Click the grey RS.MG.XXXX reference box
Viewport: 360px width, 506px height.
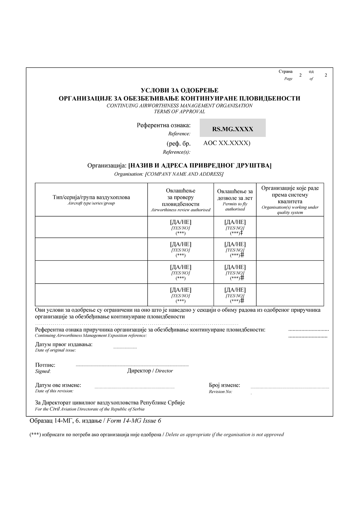pyautogui.click(x=233, y=128)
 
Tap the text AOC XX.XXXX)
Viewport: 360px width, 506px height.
pyautogui.click(x=227, y=143)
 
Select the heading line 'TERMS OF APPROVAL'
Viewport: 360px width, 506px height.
pyautogui.click(x=180, y=111)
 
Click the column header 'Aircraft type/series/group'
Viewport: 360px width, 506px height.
pyautogui.click(x=91, y=203)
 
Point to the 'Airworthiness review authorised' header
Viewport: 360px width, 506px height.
pyautogui.click(x=180, y=210)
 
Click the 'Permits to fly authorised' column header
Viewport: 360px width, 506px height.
pyautogui.click(x=235, y=206)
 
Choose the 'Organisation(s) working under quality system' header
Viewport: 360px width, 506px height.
pyautogui.click(x=290, y=210)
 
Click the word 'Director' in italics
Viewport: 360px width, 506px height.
pyautogui.click(x=164, y=371)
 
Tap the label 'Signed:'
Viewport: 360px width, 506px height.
pyautogui.click(x=43, y=371)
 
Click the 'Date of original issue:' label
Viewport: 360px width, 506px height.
pyautogui.click(x=55, y=350)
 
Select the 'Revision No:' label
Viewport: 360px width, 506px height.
pyautogui.click(x=220, y=392)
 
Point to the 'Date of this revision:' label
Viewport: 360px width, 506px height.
pyautogui.click(x=54, y=391)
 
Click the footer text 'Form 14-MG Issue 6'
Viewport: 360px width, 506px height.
pyautogui.click(x=134, y=421)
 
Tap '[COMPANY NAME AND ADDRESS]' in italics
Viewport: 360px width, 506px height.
pyautogui.click(x=184, y=174)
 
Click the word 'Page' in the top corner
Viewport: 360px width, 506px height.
pyautogui.click(x=288, y=79)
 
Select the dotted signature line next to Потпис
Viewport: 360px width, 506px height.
pyautogui.click(x=132, y=366)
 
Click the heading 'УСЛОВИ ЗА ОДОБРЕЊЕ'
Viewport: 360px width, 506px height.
pyautogui.click(x=180, y=90)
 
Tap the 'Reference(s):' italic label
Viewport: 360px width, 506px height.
pyautogui.click(x=177, y=152)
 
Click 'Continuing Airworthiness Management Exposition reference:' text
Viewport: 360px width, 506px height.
pyautogui.click(x=91, y=336)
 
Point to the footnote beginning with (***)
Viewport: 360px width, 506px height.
pyautogui.click(x=156, y=434)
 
